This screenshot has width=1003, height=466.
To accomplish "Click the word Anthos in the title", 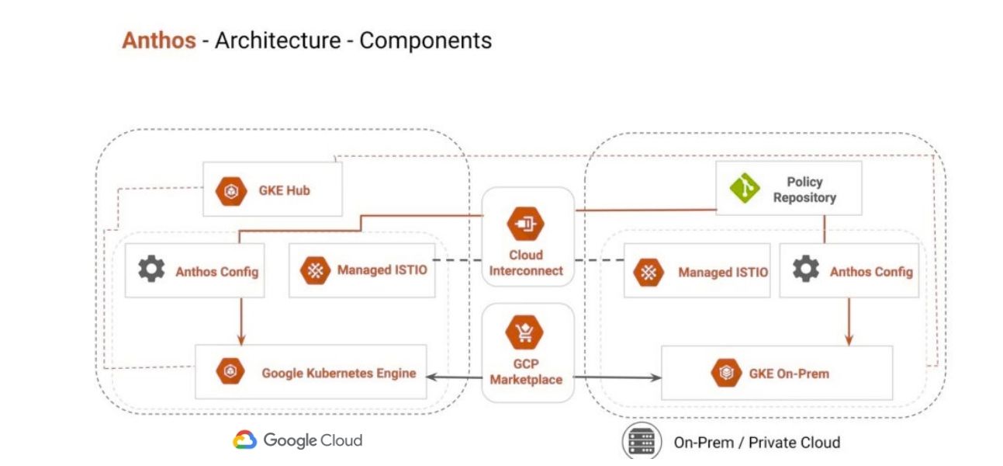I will click(158, 40).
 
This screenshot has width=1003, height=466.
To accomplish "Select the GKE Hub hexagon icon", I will click(230, 190).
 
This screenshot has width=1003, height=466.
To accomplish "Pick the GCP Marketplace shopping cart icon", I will click(525, 335).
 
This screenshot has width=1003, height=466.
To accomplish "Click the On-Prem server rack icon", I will click(641, 442).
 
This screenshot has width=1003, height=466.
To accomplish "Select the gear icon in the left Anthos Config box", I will click(150, 270).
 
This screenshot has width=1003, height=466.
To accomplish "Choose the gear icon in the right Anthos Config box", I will click(805, 270).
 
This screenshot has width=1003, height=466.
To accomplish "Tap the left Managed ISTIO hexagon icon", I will click(313, 271).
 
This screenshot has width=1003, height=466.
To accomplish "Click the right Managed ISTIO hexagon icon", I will click(648, 273).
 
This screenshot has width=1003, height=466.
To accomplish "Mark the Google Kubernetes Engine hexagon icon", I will click(230, 372).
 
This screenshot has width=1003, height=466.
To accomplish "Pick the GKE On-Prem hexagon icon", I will click(724, 374).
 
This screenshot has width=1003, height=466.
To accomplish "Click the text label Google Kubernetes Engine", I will click(338, 373).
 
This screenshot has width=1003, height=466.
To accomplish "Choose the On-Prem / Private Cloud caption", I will click(756, 443).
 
